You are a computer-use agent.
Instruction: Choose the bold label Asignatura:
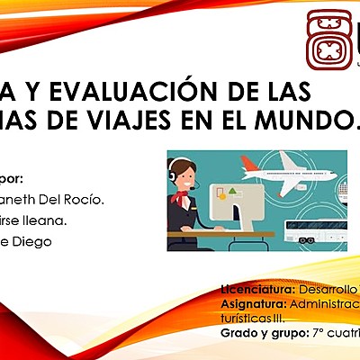point(254,304)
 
